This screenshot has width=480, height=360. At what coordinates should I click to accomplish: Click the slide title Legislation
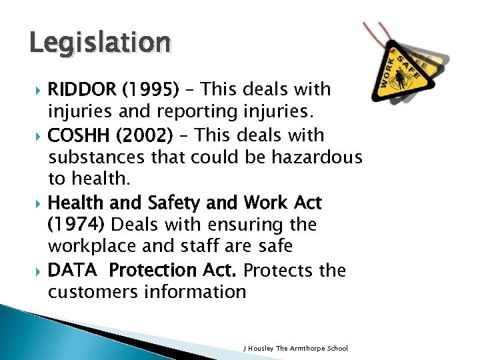tap(100, 43)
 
